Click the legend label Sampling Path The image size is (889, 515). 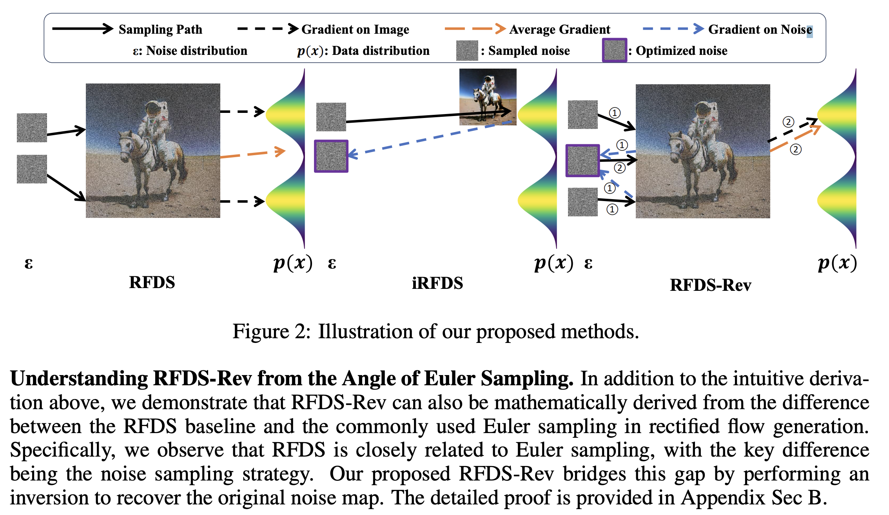click(x=160, y=29)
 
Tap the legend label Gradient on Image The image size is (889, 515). click(x=355, y=29)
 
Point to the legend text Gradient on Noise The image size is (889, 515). click(x=760, y=29)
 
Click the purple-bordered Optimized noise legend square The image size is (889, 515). click(x=614, y=50)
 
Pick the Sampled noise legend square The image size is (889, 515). click(x=467, y=51)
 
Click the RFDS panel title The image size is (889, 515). click(x=152, y=282)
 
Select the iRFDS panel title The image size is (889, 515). click(x=437, y=283)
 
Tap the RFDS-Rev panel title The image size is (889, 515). click(x=710, y=285)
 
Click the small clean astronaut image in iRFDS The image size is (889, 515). click(x=488, y=97)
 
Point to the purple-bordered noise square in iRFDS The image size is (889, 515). click(x=331, y=156)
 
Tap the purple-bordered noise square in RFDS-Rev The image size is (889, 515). click(x=582, y=160)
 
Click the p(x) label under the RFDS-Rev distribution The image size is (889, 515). click(x=837, y=263)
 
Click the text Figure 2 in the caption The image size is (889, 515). click(x=269, y=332)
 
